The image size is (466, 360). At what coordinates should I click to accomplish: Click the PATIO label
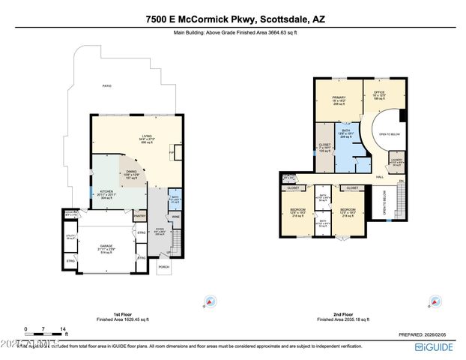(108, 86)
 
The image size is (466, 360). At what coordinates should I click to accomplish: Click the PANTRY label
(139, 217)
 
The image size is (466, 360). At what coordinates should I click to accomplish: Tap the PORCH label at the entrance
(165, 266)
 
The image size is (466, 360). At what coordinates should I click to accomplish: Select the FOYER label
(159, 231)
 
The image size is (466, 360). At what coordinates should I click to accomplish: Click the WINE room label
(175, 217)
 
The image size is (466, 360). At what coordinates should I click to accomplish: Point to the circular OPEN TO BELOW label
(387, 134)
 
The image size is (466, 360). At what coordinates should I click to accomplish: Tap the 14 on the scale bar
(64, 329)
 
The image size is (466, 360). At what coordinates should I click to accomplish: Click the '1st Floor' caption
(111, 315)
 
